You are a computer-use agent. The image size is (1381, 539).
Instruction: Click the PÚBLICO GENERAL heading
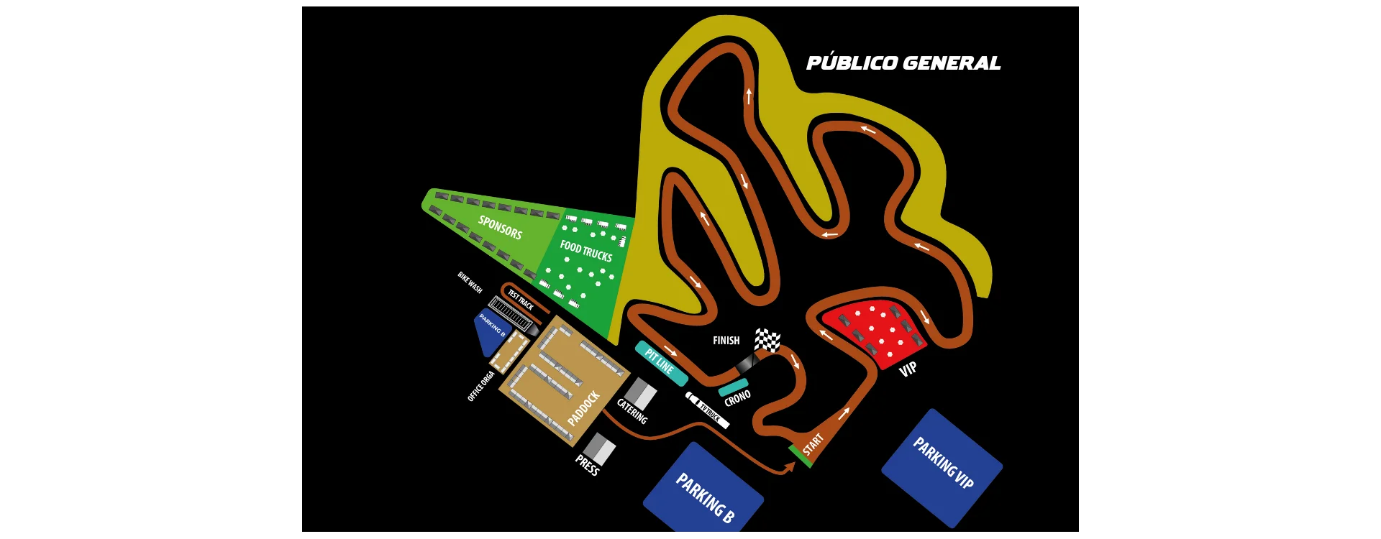(x=903, y=63)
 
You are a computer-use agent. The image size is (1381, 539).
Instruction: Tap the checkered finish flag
(x=767, y=339)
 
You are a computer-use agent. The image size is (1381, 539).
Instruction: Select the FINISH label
(x=726, y=341)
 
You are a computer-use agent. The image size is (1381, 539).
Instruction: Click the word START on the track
(x=813, y=444)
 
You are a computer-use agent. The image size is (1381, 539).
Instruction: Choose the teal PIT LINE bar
(x=661, y=363)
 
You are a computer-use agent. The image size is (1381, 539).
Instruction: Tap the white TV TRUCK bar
(x=708, y=410)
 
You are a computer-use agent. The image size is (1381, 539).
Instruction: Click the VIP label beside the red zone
(x=908, y=369)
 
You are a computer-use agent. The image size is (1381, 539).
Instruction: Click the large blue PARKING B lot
(x=703, y=496)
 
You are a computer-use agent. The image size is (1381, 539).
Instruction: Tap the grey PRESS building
(x=598, y=449)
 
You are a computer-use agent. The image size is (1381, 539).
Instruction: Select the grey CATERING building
(x=639, y=395)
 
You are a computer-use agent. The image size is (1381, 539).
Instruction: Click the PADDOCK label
(x=583, y=408)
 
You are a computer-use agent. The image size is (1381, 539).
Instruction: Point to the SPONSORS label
(x=500, y=228)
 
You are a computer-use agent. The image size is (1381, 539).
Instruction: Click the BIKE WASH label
(x=470, y=282)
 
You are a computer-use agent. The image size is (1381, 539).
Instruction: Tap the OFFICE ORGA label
(x=480, y=386)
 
